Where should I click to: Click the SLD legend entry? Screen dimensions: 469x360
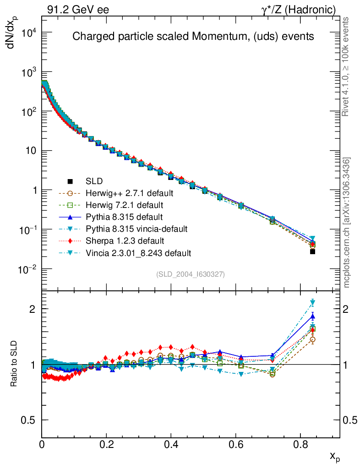tap(94, 181)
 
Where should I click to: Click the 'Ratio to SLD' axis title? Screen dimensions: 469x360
tap(14, 365)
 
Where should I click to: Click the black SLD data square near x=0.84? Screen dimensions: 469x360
tap(312, 251)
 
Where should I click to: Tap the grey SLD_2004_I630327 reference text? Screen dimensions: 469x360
tap(191, 274)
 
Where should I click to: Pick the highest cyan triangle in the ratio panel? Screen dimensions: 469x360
tap(312, 302)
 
